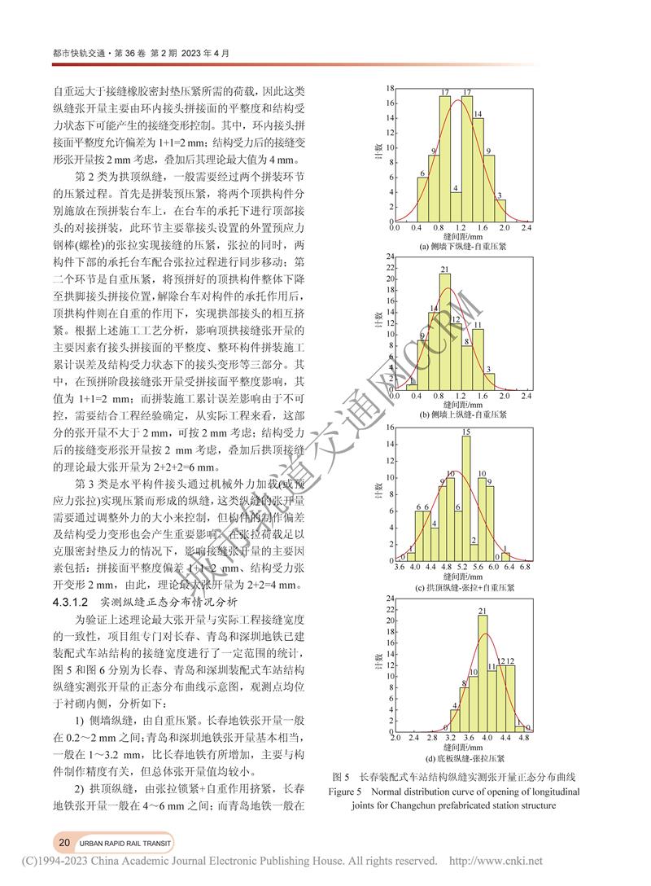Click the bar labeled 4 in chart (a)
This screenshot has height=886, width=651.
click(x=456, y=207)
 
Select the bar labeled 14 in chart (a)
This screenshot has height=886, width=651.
click(x=478, y=171)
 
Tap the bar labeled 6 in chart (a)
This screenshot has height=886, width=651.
click(x=422, y=200)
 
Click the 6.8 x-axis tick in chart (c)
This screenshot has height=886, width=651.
click(x=525, y=567)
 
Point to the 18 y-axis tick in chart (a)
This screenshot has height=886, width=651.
click(x=391, y=88)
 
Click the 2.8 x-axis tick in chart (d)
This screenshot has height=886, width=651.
click(x=432, y=739)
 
